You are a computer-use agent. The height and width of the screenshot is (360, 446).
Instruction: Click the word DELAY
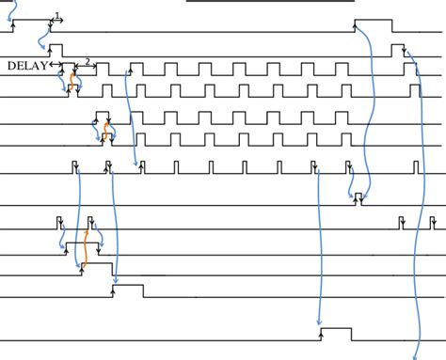coord(27,66)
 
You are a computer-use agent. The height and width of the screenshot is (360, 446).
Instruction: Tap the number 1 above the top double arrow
coord(57,15)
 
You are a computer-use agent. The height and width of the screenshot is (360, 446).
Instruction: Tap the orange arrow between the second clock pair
coord(106,129)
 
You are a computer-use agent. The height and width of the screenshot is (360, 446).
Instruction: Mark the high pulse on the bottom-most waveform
coord(336,333)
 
